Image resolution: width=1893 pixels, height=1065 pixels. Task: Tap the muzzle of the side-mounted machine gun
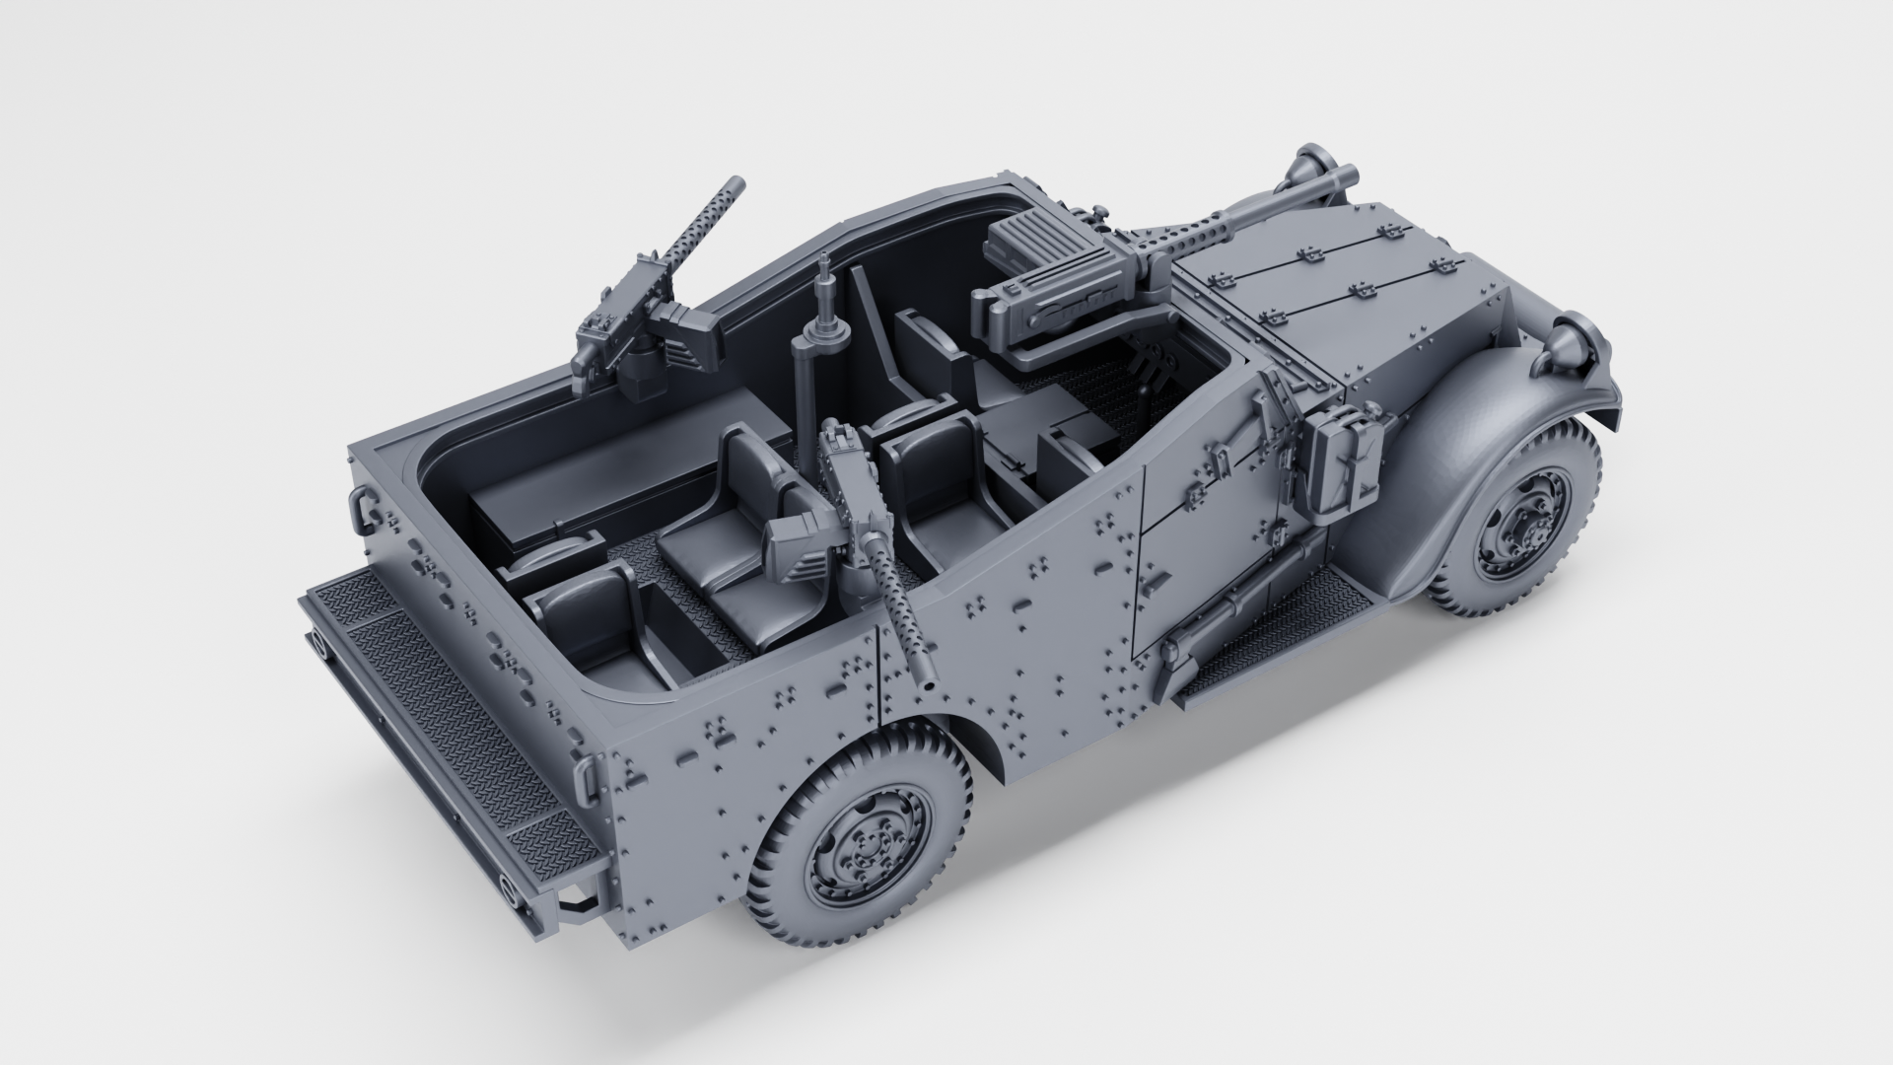coord(928,678)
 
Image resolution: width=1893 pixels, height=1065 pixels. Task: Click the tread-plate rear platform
coord(434,710)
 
